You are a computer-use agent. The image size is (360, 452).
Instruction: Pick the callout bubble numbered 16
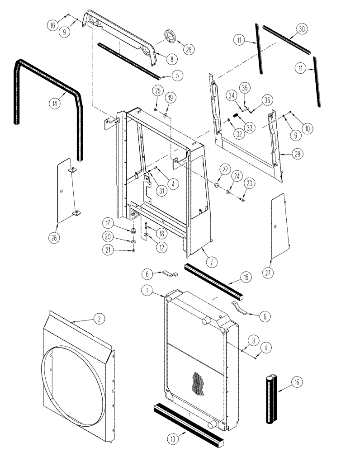tap(297, 383)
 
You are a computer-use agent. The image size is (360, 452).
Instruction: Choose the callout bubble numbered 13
tap(176, 437)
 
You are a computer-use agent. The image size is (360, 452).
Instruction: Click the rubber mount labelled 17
tap(134, 231)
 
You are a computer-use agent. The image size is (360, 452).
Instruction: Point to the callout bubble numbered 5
tap(176, 75)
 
